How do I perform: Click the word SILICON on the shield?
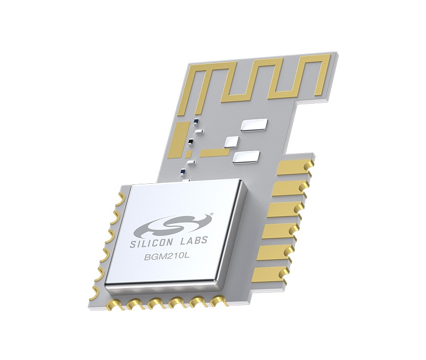coord(149,243)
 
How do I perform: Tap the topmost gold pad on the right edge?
coord(296,166)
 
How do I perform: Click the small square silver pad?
coord(231,142)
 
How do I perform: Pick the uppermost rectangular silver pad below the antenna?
coord(254,125)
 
